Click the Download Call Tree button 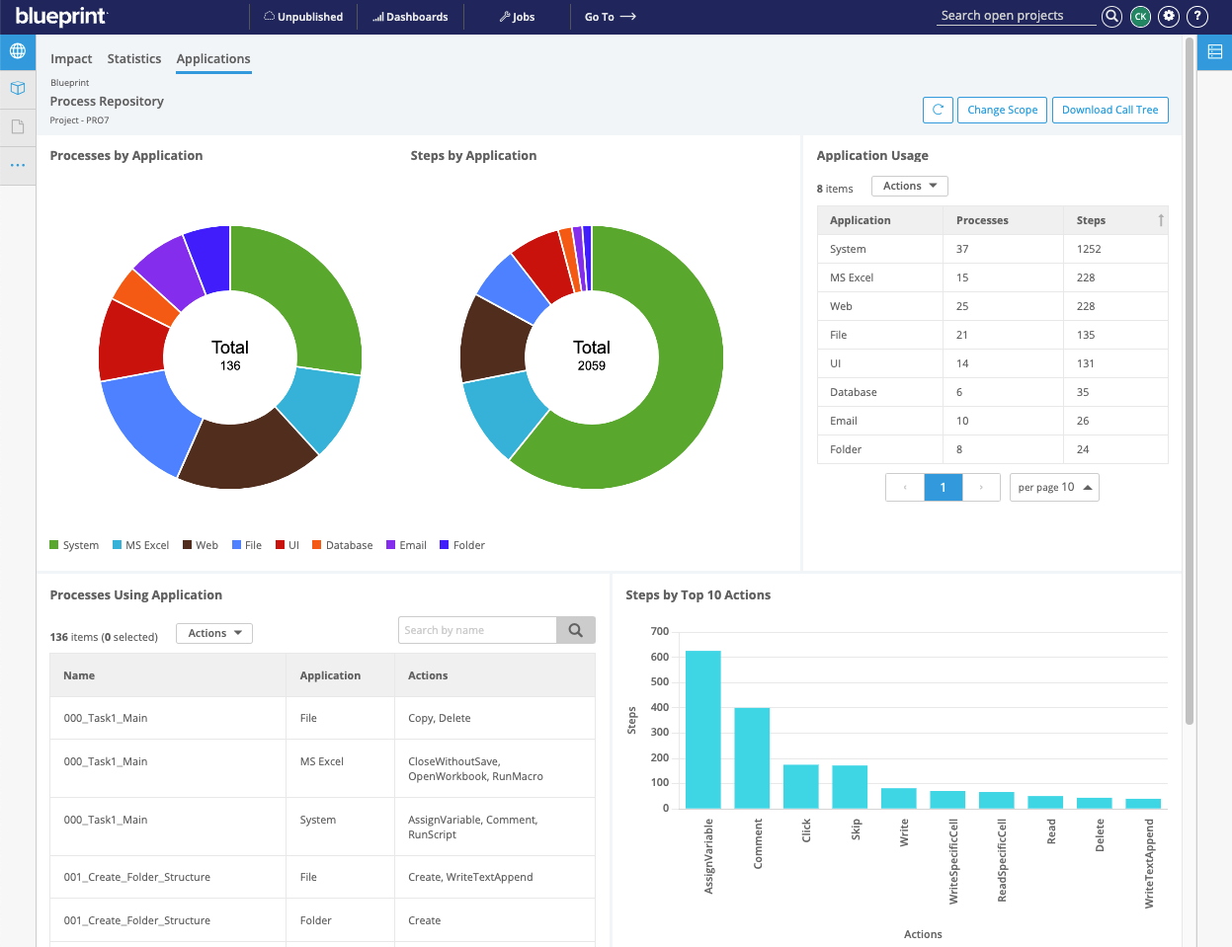pos(1109,110)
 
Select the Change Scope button pos(1002,110)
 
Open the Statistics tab pos(134,59)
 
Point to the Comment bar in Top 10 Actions pos(752,757)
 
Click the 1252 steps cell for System pos(1089,249)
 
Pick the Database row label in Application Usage pos(853,392)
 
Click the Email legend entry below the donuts pos(407,545)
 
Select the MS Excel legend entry pos(141,545)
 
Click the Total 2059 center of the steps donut pos(592,355)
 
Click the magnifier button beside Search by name pos(576,630)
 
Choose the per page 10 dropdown pos(1054,487)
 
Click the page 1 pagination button pos(943,487)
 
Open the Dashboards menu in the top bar pos(410,17)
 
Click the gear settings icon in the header pos(1169,16)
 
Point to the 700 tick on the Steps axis pos(660,631)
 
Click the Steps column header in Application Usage pos(1091,220)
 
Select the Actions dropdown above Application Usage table pos(909,186)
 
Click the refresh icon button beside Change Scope pos(938,110)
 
